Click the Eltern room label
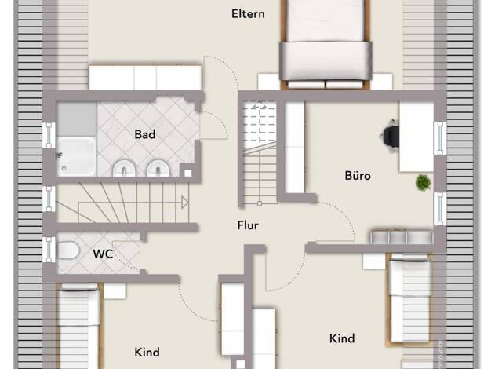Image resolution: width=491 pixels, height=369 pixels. click(x=248, y=14)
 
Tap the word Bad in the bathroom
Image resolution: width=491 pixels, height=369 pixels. click(x=145, y=134)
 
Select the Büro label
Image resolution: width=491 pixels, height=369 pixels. click(x=358, y=176)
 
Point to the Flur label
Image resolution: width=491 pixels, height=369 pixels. click(x=248, y=225)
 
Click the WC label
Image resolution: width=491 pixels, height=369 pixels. click(x=103, y=254)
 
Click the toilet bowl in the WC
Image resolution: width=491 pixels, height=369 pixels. click(x=68, y=250)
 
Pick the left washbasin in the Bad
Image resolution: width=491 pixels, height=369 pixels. click(x=124, y=168)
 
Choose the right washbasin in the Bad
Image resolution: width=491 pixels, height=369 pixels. click(x=158, y=168)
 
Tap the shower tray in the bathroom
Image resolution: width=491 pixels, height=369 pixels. click(x=76, y=156)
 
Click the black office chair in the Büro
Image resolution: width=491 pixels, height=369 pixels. click(x=390, y=136)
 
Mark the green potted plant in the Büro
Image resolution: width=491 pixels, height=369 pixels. click(x=423, y=182)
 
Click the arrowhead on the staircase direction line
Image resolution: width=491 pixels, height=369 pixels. click(x=185, y=203)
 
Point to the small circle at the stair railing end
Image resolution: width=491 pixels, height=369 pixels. click(x=260, y=203)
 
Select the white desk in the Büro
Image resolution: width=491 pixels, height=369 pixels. click(x=416, y=137)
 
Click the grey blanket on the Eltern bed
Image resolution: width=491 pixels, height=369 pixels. click(x=326, y=60)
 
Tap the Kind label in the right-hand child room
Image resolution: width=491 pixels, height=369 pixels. click(x=342, y=338)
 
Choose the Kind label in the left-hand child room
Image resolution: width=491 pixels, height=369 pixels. click(x=147, y=352)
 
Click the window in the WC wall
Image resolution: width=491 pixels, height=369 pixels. click(x=49, y=250)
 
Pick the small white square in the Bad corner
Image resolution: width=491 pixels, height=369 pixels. click(x=188, y=173)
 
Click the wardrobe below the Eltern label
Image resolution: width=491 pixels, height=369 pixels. click(x=144, y=78)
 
